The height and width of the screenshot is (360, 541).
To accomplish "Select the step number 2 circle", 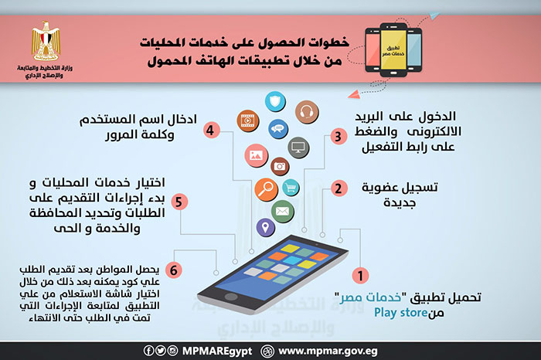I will coord(338,188).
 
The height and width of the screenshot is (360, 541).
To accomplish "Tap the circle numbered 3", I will coord(337,137).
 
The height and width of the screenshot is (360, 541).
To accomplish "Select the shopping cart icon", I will coord(291,188).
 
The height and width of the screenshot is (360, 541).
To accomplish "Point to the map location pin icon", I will coord(265,228).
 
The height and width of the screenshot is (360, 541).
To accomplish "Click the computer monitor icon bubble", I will coord(298,145).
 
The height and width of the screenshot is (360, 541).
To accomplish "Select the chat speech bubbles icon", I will coord(277,128).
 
